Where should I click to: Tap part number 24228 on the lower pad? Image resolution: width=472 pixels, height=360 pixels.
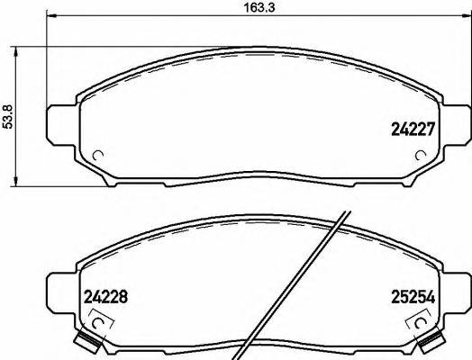[106, 295]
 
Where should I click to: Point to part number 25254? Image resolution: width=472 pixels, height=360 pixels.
[413, 295]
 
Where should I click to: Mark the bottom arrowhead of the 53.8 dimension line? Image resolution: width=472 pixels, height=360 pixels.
[18, 184]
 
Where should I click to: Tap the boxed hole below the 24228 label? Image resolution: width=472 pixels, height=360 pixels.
[101, 320]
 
